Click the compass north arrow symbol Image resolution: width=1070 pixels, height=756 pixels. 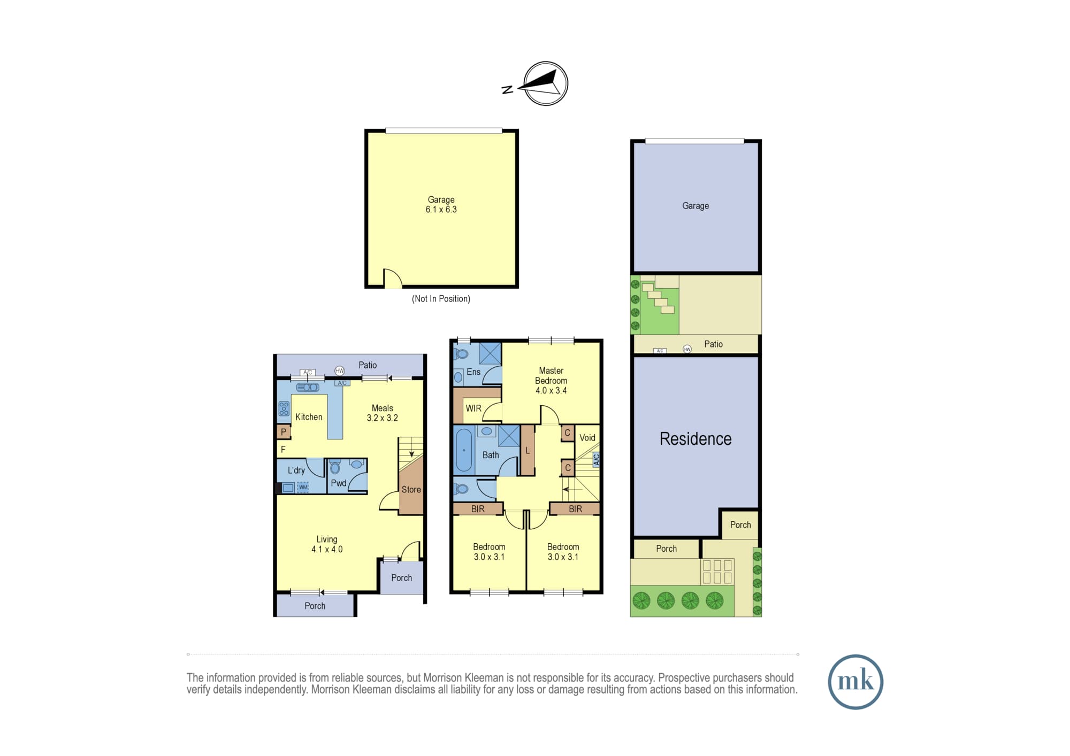(x=545, y=83)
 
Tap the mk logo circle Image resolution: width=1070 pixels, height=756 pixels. (x=855, y=682)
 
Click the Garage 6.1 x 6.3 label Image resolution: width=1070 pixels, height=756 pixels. (x=441, y=205)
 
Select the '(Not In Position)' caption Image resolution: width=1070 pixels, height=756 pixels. (x=441, y=299)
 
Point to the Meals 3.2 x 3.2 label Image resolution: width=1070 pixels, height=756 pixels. (x=382, y=413)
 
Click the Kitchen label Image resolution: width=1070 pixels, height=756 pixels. (x=309, y=417)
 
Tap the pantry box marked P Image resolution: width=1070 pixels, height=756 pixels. (x=284, y=431)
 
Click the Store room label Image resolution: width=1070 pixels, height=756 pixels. (x=411, y=490)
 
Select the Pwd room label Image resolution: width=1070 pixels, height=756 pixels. (x=339, y=483)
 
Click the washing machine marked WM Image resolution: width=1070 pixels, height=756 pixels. (x=303, y=487)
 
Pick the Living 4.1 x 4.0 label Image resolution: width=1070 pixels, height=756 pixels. (x=327, y=544)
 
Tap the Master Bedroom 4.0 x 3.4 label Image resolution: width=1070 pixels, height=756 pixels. (x=551, y=380)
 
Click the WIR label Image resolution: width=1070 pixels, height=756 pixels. (x=473, y=408)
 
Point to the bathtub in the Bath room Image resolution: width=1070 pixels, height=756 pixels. (x=464, y=450)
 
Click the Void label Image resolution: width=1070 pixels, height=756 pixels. (x=587, y=437)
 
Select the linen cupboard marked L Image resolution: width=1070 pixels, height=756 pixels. (x=528, y=450)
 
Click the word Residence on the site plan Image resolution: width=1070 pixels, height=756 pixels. (x=695, y=439)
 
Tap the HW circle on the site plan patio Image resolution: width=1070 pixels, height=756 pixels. (x=687, y=349)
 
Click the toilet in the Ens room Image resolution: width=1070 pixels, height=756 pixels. (x=461, y=353)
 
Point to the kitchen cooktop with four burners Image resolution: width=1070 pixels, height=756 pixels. (x=284, y=408)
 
